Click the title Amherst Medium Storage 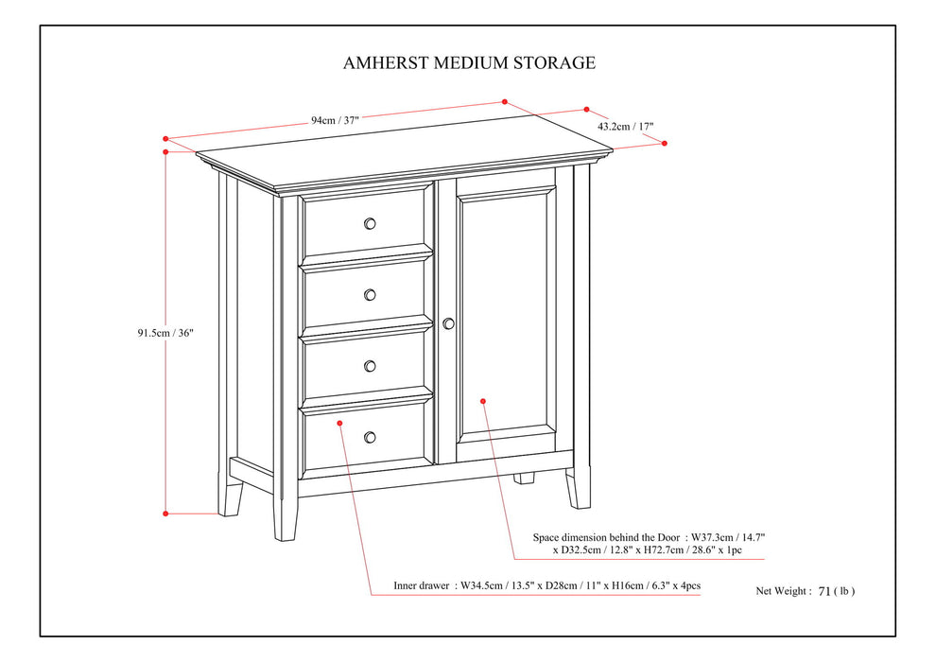469,63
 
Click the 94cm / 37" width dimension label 335,120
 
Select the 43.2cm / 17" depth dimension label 625,126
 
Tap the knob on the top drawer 370,223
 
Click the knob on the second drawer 370,294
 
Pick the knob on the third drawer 370,366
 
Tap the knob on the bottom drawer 370,436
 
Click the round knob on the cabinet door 448,323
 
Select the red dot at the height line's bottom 165,514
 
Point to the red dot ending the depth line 665,143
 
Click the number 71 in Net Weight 824,591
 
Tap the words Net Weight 782,591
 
